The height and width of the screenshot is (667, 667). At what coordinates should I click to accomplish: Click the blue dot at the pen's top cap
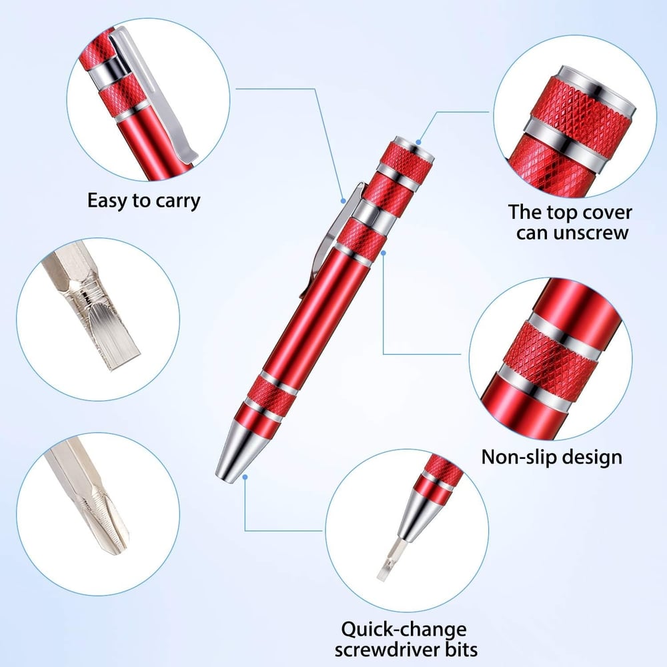(x=418, y=141)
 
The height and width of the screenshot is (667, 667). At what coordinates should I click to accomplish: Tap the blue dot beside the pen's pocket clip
(x=342, y=198)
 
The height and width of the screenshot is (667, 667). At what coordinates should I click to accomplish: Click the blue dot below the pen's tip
(x=245, y=476)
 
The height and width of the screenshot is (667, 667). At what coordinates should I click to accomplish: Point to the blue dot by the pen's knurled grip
(x=383, y=253)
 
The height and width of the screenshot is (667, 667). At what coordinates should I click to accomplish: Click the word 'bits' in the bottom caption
(x=460, y=648)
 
